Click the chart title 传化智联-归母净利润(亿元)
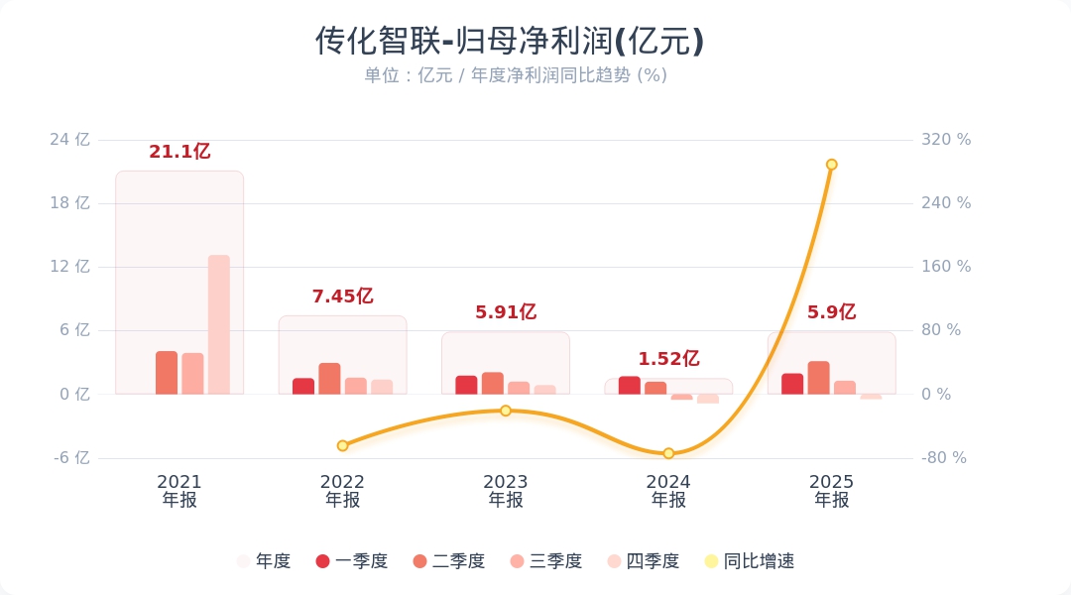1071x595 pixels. (x=510, y=42)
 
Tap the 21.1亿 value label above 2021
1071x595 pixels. (x=179, y=152)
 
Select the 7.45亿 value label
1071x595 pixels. (x=342, y=297)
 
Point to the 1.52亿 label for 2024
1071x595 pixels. (x=668, y=359)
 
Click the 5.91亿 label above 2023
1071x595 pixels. (x=506, y=312)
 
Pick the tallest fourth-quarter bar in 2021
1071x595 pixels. (x=218, y=324)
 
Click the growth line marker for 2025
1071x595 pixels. (x=831, y=165)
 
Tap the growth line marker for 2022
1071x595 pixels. (x=342, y=446)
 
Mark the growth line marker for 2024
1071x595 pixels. (x=668, y=453)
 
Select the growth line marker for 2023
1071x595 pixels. (x=506, y=411)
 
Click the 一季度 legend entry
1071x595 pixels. (x=352, y=561)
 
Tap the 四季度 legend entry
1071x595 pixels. (x=644, y=561)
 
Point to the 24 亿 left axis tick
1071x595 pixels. (x=69, y=140)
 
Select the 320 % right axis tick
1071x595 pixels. (x=946, y=140)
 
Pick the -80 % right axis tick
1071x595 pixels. (x=944, y=458)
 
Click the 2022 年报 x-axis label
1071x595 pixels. (x=342, y=491)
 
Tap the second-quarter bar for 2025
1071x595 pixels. (x=818, y=378)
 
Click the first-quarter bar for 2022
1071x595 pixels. (x=303, y=387)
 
